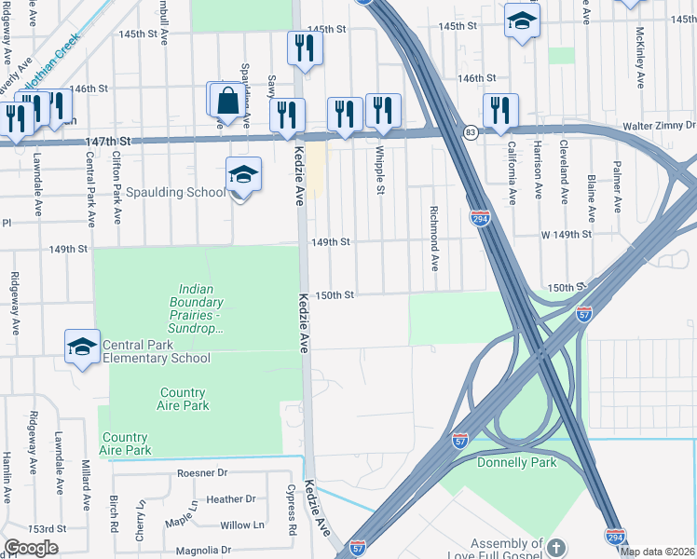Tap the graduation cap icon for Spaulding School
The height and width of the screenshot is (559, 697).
tap(243, 174)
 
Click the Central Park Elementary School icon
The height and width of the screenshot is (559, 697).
tap(82, 347)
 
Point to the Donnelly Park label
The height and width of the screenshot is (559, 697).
tap(516, 462)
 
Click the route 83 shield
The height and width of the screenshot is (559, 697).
tap(471, 132)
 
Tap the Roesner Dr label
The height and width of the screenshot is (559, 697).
tap(202, 473)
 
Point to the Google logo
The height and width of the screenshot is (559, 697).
tap(31, 548)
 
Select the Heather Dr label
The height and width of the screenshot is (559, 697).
tap(231, 499)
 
